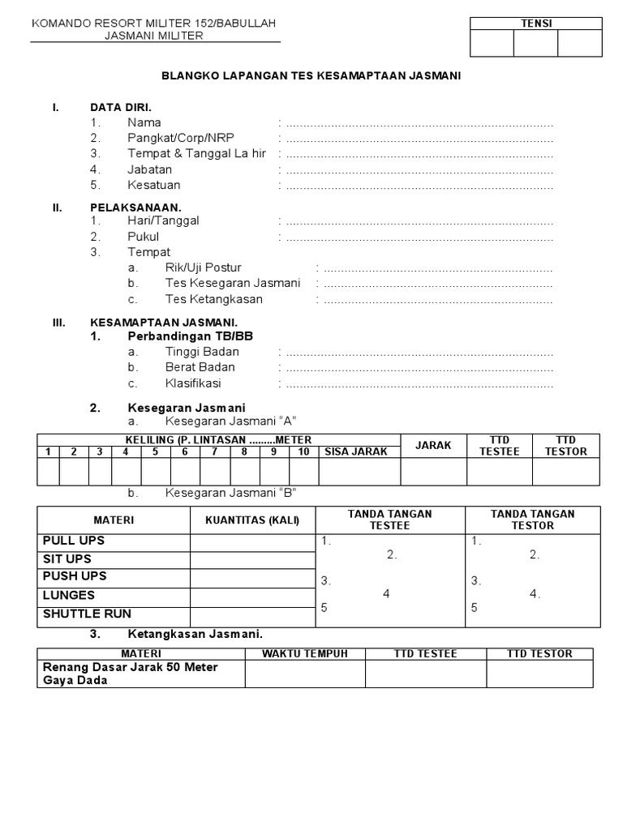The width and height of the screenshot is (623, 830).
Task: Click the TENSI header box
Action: click(x=536, y=24)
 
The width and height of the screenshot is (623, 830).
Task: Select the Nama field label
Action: click(x=144, y=122)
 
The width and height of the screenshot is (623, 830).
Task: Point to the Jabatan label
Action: click(x=149, y=169)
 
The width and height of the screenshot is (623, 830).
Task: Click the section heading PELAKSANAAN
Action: click(x=135, y=207)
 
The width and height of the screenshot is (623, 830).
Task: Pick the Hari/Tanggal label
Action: click(x=163, y=220)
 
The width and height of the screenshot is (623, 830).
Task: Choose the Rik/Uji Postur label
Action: click(x=203, y=267)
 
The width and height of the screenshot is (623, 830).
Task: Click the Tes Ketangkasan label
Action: click(x=213, y=298)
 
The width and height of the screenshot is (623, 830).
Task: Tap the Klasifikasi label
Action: click(x=193, y=383)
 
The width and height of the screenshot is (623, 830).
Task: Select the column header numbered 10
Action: click(x=303, y=451)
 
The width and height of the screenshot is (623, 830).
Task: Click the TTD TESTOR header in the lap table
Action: click(x=565, y=446)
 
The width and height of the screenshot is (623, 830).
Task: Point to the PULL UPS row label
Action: click(x=74, y=541)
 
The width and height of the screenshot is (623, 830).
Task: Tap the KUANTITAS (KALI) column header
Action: click(x=252, y=520)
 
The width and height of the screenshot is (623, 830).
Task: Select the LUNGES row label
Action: click(x=69, y=595)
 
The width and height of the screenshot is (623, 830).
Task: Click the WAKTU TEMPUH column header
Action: click(x=305, y=653)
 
